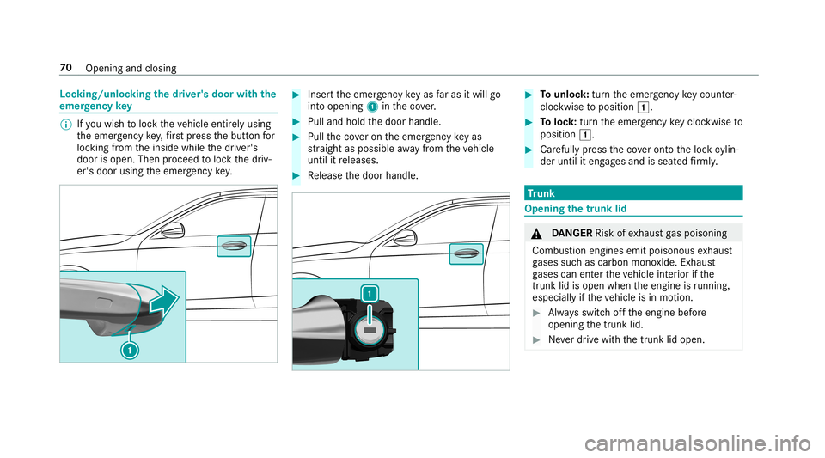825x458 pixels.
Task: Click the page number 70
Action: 64,67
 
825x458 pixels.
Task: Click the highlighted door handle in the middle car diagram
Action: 466,253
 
